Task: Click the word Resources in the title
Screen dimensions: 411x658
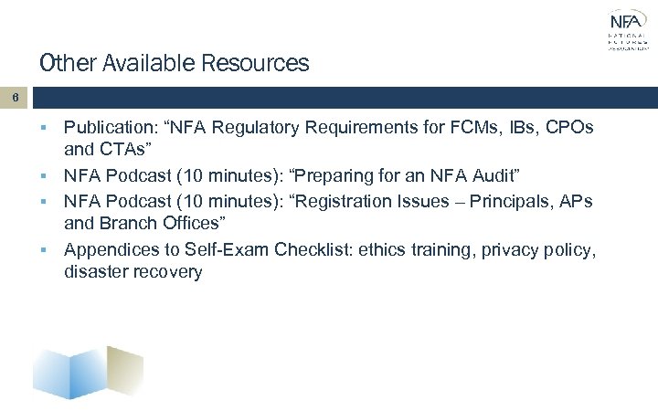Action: pos(260,64)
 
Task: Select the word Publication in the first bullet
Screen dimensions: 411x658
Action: pos(108,129)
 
